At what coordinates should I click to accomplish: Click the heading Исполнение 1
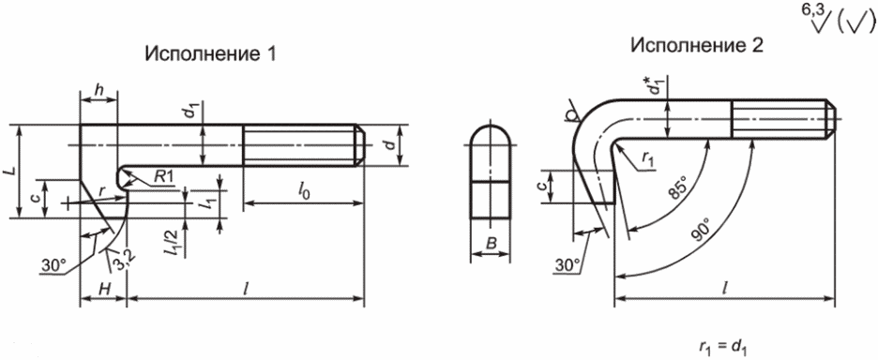[210, 54]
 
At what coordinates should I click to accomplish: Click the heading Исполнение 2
[697, 46]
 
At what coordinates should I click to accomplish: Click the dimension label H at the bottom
[103, 289]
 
